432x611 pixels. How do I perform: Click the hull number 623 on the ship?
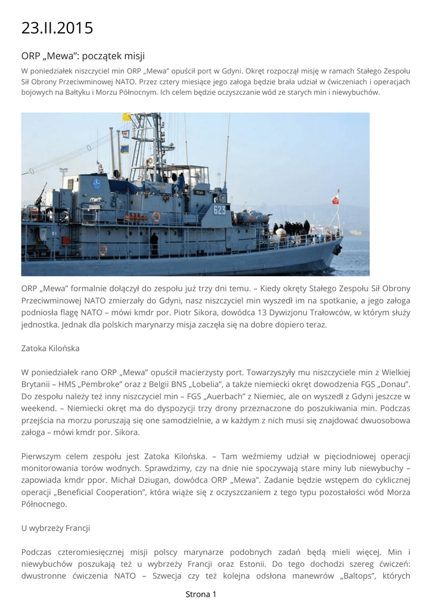coord(220,209)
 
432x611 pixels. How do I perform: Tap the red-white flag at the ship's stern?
coord(335,200)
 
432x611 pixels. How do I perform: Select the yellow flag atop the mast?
coord(127,117)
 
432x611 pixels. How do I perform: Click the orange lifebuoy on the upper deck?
coord(156,217)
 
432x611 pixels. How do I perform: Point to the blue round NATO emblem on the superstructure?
coord(97,184)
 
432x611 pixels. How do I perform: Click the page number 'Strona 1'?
coord(201,594)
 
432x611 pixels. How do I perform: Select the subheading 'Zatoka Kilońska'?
coord(50,348)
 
